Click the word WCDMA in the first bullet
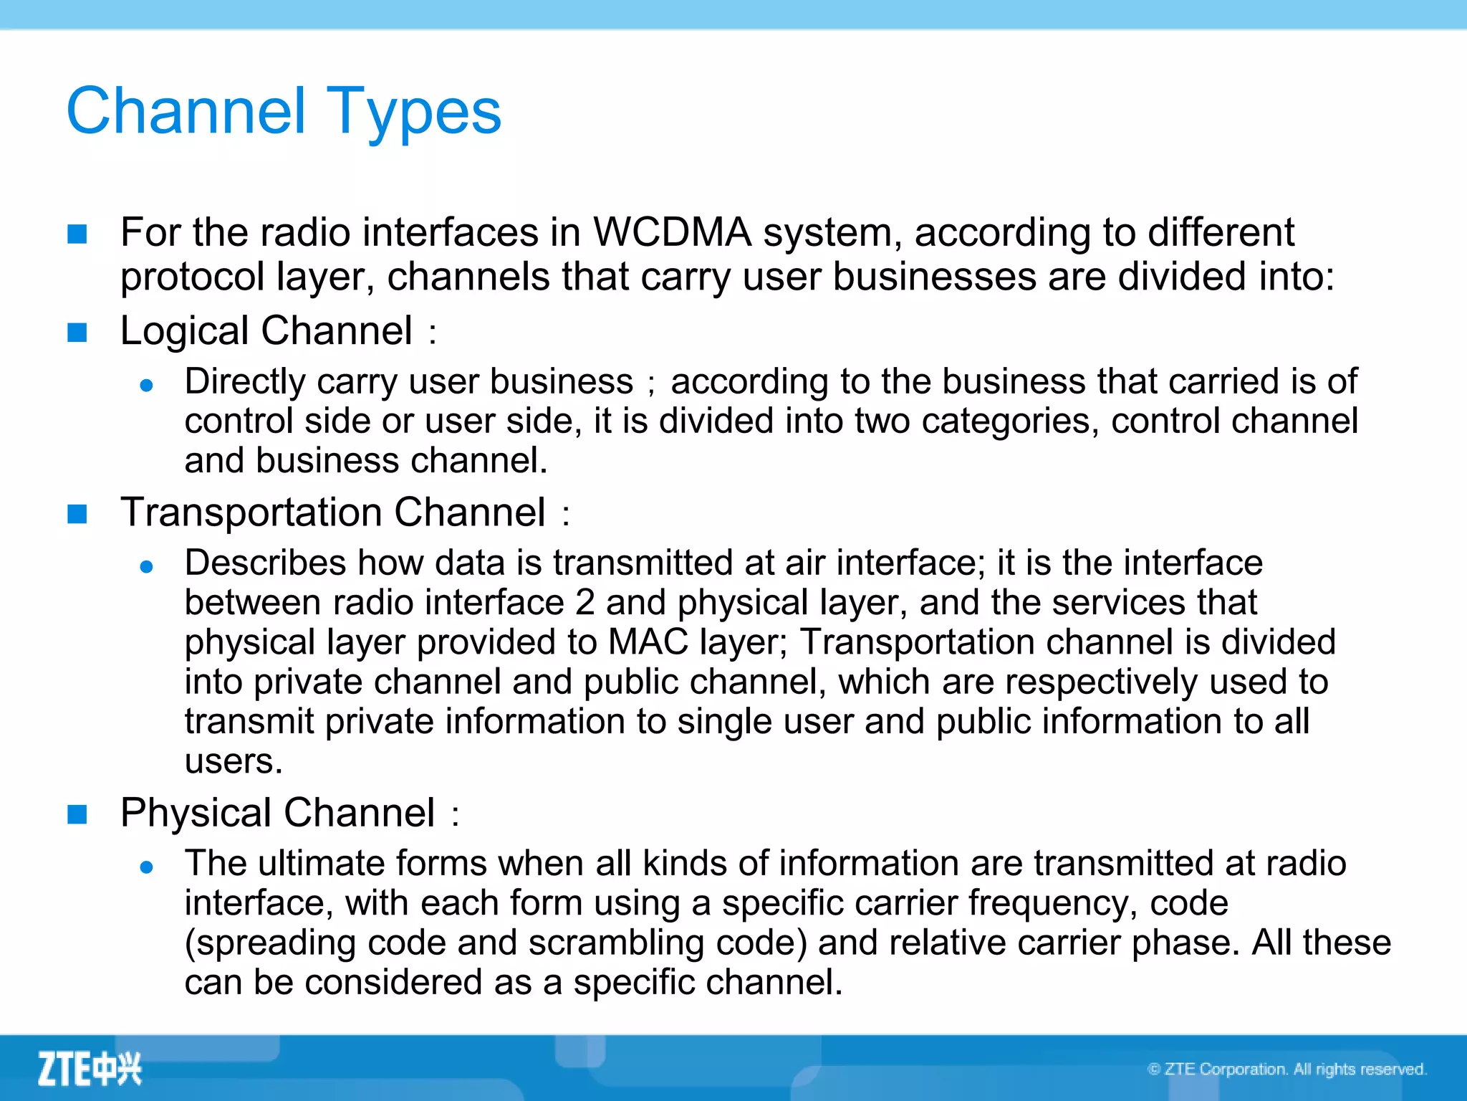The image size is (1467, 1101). tap(672, 233)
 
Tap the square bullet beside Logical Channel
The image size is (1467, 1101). tap(77, 333)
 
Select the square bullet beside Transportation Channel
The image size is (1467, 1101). tap(77, 514)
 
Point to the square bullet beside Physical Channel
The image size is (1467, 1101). tap(77, 814)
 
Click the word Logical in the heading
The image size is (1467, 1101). tap(184, 332)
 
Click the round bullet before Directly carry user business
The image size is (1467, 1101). tap(147, 386)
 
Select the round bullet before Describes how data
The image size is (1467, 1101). tap(147, 567)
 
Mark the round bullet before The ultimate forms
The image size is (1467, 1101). tap(147, 867)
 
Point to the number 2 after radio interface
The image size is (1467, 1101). tap(585, 603)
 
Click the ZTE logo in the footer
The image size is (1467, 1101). tap(90, 1069)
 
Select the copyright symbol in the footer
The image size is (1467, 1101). tap(1154, 1069)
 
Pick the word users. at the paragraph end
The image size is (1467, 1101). tap(234, 761)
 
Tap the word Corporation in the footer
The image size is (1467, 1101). tap(1244, 1069)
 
